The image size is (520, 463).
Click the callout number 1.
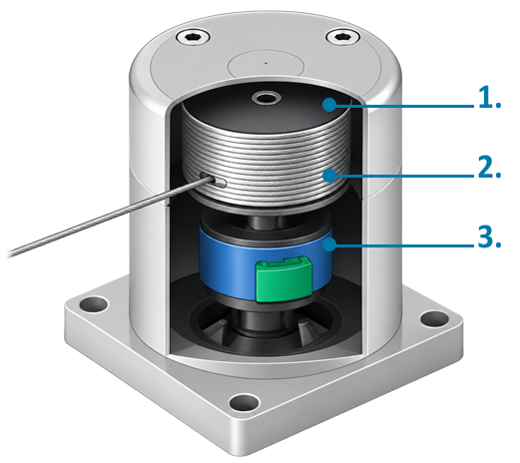point(489,97)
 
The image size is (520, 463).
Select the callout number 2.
point(489,168)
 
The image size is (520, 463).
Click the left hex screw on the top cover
point(193,37)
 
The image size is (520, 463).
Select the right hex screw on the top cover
point(342,36)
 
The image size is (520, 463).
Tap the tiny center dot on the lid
point(265,63)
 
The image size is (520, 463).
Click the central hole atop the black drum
point(266,99)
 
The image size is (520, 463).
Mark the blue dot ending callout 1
point(329,105)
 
